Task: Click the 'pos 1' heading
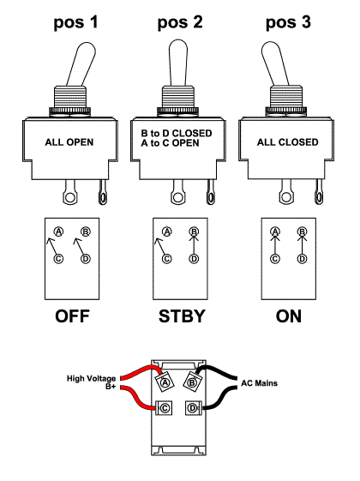click(x=75, y=22)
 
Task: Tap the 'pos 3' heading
click(x=288, y=22)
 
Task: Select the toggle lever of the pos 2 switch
click(x=177, y=63)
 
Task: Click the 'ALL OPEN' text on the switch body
click(x=69, y=142)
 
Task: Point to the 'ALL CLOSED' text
click(x=288, y=142)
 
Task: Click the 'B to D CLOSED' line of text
click(x=177, y=134)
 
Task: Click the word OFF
click(x=72, y=316)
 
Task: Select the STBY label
click(x=182, y=316)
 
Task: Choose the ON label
click(x=289, y=316)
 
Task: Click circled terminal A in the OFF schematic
click(x=58, y=231)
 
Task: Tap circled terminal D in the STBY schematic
click(x=194, y=259)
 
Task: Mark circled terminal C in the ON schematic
click(x=275, y=259)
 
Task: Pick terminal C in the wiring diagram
click(x=165, y=408)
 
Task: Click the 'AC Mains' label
click(x=259, y=383)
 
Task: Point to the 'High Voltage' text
click(x=92, y=379)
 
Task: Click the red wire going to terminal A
click(x=138, y=370)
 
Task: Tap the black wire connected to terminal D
click(x=221, y=398)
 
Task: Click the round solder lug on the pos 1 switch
click(x=70, y=197)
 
